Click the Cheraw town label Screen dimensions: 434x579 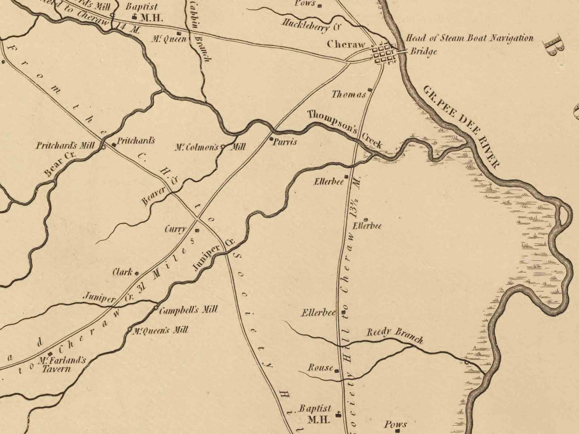(346, 44)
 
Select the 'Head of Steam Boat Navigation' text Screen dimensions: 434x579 (469, 38)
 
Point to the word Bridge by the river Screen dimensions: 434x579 (424, 51)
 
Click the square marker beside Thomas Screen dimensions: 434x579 (370, 90)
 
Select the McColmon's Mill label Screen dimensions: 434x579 (210, 147)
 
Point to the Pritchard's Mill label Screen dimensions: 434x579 (65, 146)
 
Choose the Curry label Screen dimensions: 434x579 (175, 229)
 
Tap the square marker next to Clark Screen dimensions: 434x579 (137, 273)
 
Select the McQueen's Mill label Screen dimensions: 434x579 (160, 331)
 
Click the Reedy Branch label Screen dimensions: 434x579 (395, 336)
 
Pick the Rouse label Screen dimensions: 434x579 (320, 367)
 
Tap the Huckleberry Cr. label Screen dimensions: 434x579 (311, 24)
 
